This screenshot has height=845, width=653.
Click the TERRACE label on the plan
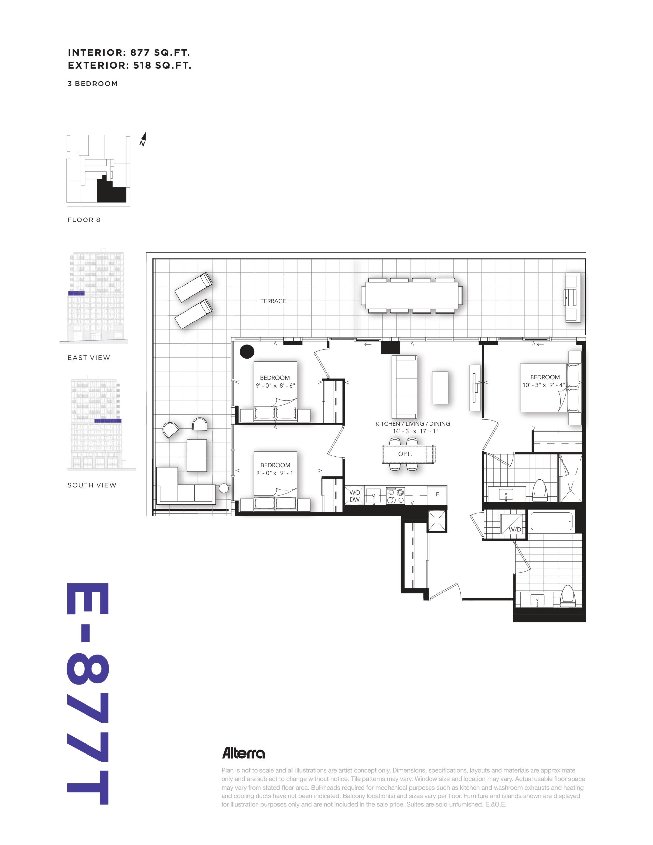click(x=273, y=301)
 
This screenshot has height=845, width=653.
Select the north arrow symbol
click(x=143, y=139)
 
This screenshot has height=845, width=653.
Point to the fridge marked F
click(x=437, y=494)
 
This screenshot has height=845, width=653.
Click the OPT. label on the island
click(x=405, y=454)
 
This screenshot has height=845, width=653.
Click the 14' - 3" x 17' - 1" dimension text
click(x=412, y=431)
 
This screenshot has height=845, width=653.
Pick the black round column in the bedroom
click(x=247, y=351)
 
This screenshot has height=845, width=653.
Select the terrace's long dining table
click(x=412, y=295)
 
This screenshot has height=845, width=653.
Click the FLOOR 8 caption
click(x=84, y=220)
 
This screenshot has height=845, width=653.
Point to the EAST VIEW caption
click(x=89, y=358)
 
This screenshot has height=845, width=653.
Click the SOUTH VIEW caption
click(x=92, y=485)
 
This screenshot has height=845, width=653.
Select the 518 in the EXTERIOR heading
click(x=142, y=65)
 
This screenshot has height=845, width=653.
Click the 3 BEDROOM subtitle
click(x=92, y=84)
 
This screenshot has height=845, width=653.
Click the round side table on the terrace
click(x=224, y=488)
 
